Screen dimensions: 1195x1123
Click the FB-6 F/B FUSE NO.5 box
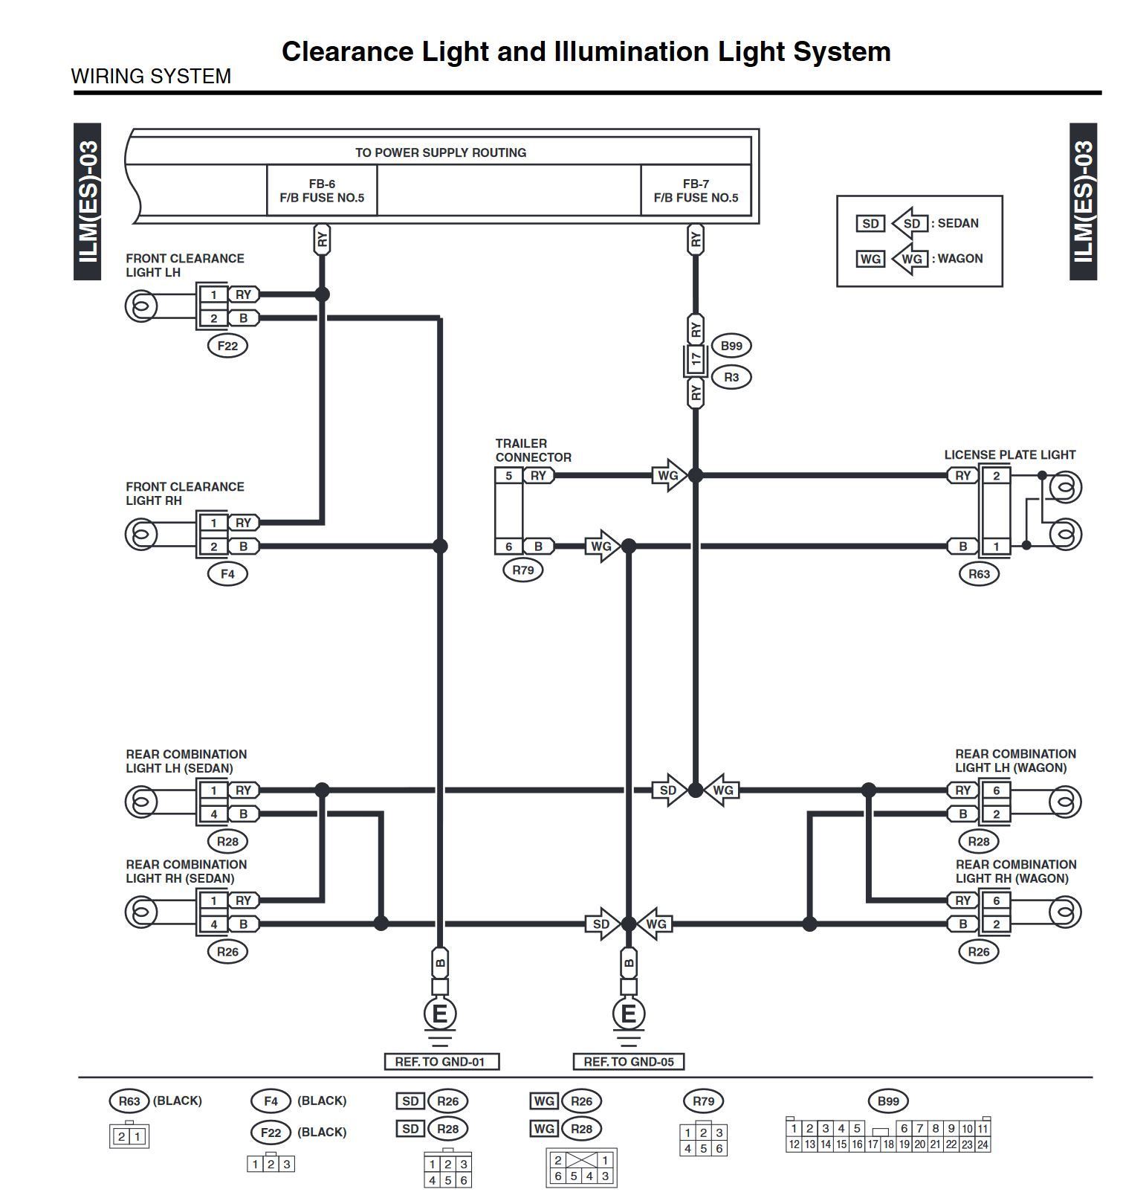pyautogui.click(x=322, y=190)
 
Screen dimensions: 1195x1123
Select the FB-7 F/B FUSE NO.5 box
pyautogui.click(x=696, y=190)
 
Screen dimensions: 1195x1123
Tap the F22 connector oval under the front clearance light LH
pyautogui.click(x=227, y=346)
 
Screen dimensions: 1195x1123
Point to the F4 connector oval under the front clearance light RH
pyautogui.click(x=227, y=574)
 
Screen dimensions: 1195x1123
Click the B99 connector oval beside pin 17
pyautogui.click(x=731, y=346)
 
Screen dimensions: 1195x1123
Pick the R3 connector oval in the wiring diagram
pyautogui.click(x=731, y=377)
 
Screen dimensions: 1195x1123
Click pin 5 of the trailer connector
pyautogui.click(x=509, y=476)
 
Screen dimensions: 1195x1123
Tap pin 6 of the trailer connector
pyautogui.click(x=509, y=547)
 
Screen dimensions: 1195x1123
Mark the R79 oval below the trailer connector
pyautogui.click(x=523, y=570)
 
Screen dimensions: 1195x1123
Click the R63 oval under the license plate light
pyautogui.click(x=979, y=574)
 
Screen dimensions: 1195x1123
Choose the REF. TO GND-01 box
pyautogui.click(x=440, y=1062)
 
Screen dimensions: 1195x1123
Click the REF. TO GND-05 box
pyautogui.click(x=629, y=1062)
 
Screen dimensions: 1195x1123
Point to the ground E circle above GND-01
pyautogui.click(x=440, y=1014)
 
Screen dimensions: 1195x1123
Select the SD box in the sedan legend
pyautogui.click(x=870, y=224)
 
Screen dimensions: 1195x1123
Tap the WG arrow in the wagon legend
pyautogui.click(x=910, y=259)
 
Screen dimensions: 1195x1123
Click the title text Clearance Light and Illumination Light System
pyautogui.click(x=586, y=51)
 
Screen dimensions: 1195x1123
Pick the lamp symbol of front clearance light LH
pyautogui.click(x=141, y=306)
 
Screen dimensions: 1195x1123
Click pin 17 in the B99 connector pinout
pyautogui.click(x=873, y=1144)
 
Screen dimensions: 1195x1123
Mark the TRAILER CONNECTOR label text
pyautogui.click(x=533, y=451)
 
